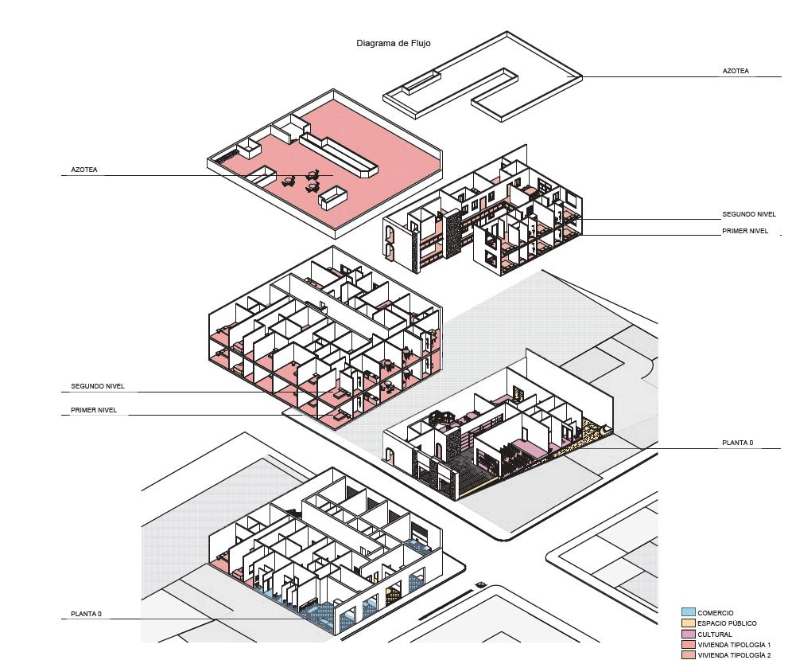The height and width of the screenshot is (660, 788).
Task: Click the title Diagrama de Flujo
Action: (x=394, y=44)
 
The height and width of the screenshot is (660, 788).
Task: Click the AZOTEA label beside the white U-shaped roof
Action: (x=736, y=71)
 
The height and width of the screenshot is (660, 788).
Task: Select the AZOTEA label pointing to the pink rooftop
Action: (x=84, y=170)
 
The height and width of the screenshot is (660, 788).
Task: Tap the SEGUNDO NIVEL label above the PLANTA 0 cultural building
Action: (x=748, y=215)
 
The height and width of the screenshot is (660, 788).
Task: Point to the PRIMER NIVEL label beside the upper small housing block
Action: (x=745, y=231)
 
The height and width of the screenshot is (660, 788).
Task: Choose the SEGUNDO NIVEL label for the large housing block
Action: (x=97, y=387)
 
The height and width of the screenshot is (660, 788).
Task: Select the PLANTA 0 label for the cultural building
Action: (x=737, y=443)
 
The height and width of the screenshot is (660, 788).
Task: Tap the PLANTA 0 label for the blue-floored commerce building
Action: (x=86, y=615)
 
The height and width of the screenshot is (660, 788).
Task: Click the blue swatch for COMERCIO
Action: (x=688, y=612)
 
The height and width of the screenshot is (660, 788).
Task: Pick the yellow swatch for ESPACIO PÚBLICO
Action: (x=688, y=623)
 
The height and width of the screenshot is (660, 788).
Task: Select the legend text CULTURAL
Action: (x=715, y=635)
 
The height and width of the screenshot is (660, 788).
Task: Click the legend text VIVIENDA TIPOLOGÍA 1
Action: (x=734, y=645)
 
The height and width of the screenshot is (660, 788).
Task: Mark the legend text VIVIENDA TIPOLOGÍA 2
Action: (x=734, y=655)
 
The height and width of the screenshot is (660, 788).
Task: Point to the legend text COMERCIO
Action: (x=716, y=613)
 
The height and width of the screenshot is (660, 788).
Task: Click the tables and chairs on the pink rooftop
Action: (x=302, y=182)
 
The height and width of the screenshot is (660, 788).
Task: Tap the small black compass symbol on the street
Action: (x=480, y=585)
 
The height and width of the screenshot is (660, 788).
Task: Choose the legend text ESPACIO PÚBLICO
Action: (x=727, y=623)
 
